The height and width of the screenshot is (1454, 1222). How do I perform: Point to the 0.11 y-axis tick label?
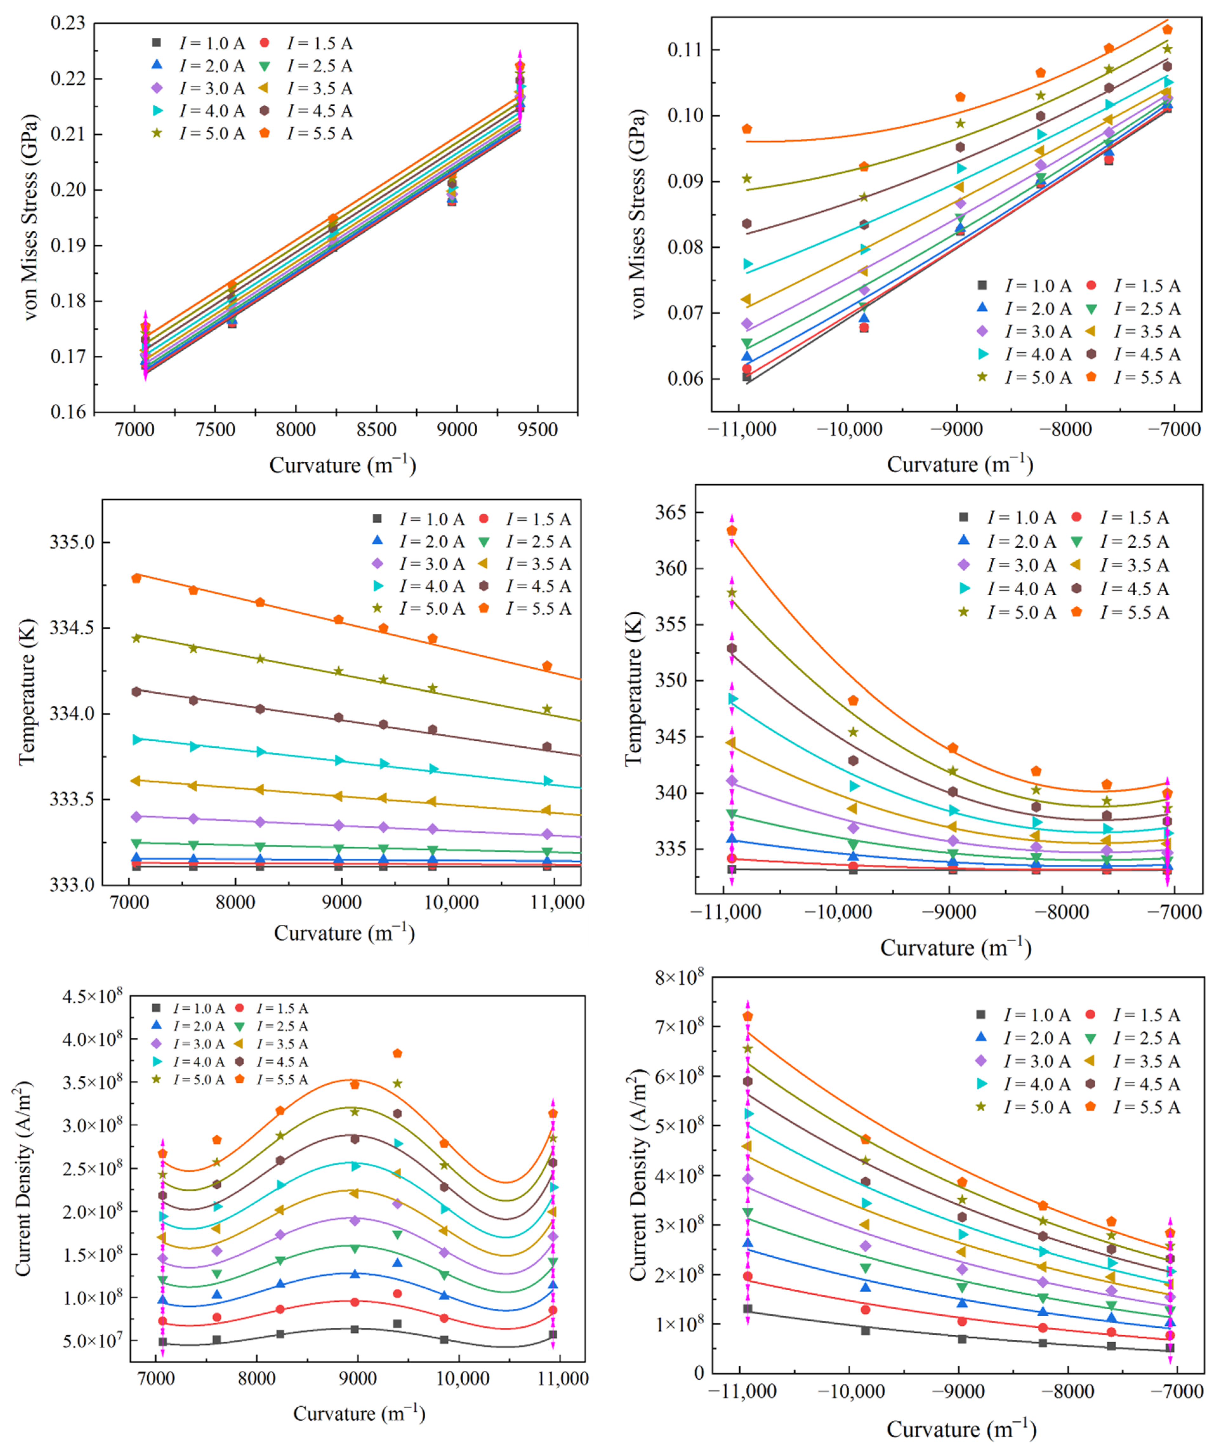pyautogui.click(x=684, y=50)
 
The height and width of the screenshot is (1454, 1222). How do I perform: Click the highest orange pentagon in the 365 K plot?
pyautogui.click(x=731, y=531)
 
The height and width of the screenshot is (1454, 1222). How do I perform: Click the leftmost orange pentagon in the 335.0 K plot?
pyautogui.click(x=136, y=578)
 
